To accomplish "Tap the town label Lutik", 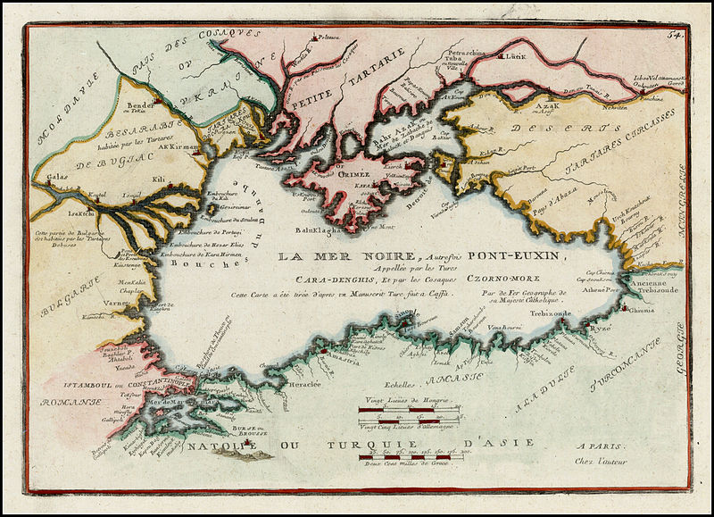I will point(516,56).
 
